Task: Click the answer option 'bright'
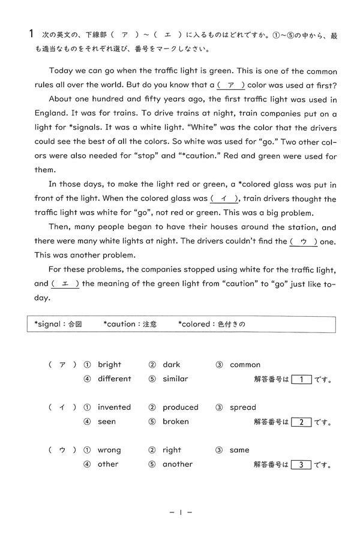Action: click(109, 364)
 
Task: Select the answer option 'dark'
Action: click(171, 364)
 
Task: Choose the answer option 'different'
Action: click(114, 379)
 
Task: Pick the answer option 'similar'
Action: click(175, 379)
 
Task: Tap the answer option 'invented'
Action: click(114, 407)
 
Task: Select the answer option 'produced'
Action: click(180, 407)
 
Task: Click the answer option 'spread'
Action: click(242, 407)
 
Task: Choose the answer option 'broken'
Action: click(175, 421)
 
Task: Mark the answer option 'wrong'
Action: click(109, 449)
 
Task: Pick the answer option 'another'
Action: click(178, 464)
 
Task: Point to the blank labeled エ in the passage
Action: click(65, 284)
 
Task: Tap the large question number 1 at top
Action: click(31, 35)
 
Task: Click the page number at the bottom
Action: click(180, 513)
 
